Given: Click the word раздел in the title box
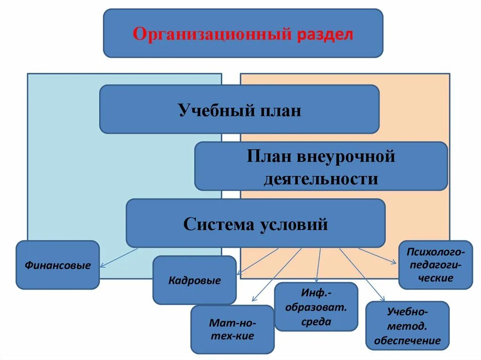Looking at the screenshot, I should pyautogui.click(x=324, y=34).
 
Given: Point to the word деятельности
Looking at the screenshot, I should pyautogui.click(x=321, y=179).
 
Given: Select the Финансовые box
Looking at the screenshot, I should pyautogui.click(x=58, y=265).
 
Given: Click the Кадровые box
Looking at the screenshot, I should pyautogui.click(x=194, y=281).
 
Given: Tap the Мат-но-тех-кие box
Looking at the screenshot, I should pyautogui.click(x=232, y=329).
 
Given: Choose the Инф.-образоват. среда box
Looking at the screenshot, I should pyautogui.click(x=316, y=307).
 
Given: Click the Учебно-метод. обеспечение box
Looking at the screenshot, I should pyautogui.click(x=407, y=326).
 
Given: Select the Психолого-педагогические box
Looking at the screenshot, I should pyautogui.click(x=435, y=265).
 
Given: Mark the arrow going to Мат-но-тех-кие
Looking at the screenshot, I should pyautogui.click(x=277, y=275).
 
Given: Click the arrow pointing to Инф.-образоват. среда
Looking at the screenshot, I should pyautogui.click(x=319, y=265).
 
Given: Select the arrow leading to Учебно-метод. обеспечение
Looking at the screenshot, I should pyautogui.click(x=362, y=275).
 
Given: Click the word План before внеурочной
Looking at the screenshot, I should pyautogui.click(x=268, y=156).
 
